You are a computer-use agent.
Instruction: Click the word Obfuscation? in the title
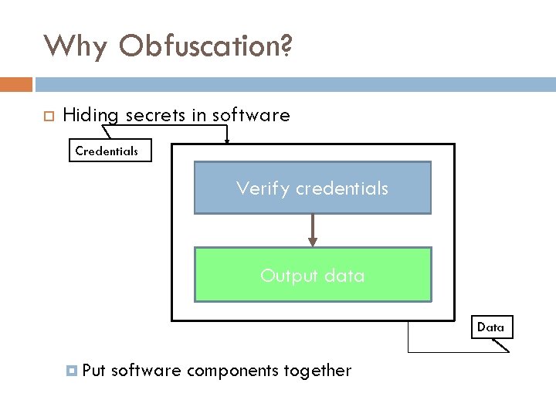206,46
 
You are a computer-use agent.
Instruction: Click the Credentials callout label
107,151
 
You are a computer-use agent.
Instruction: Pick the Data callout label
490,327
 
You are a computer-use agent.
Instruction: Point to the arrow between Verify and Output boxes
313,229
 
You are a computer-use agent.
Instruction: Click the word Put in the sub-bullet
93,371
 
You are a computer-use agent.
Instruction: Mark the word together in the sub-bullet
317,371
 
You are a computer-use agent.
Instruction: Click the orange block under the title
15,83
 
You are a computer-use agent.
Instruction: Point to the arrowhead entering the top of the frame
227,139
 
